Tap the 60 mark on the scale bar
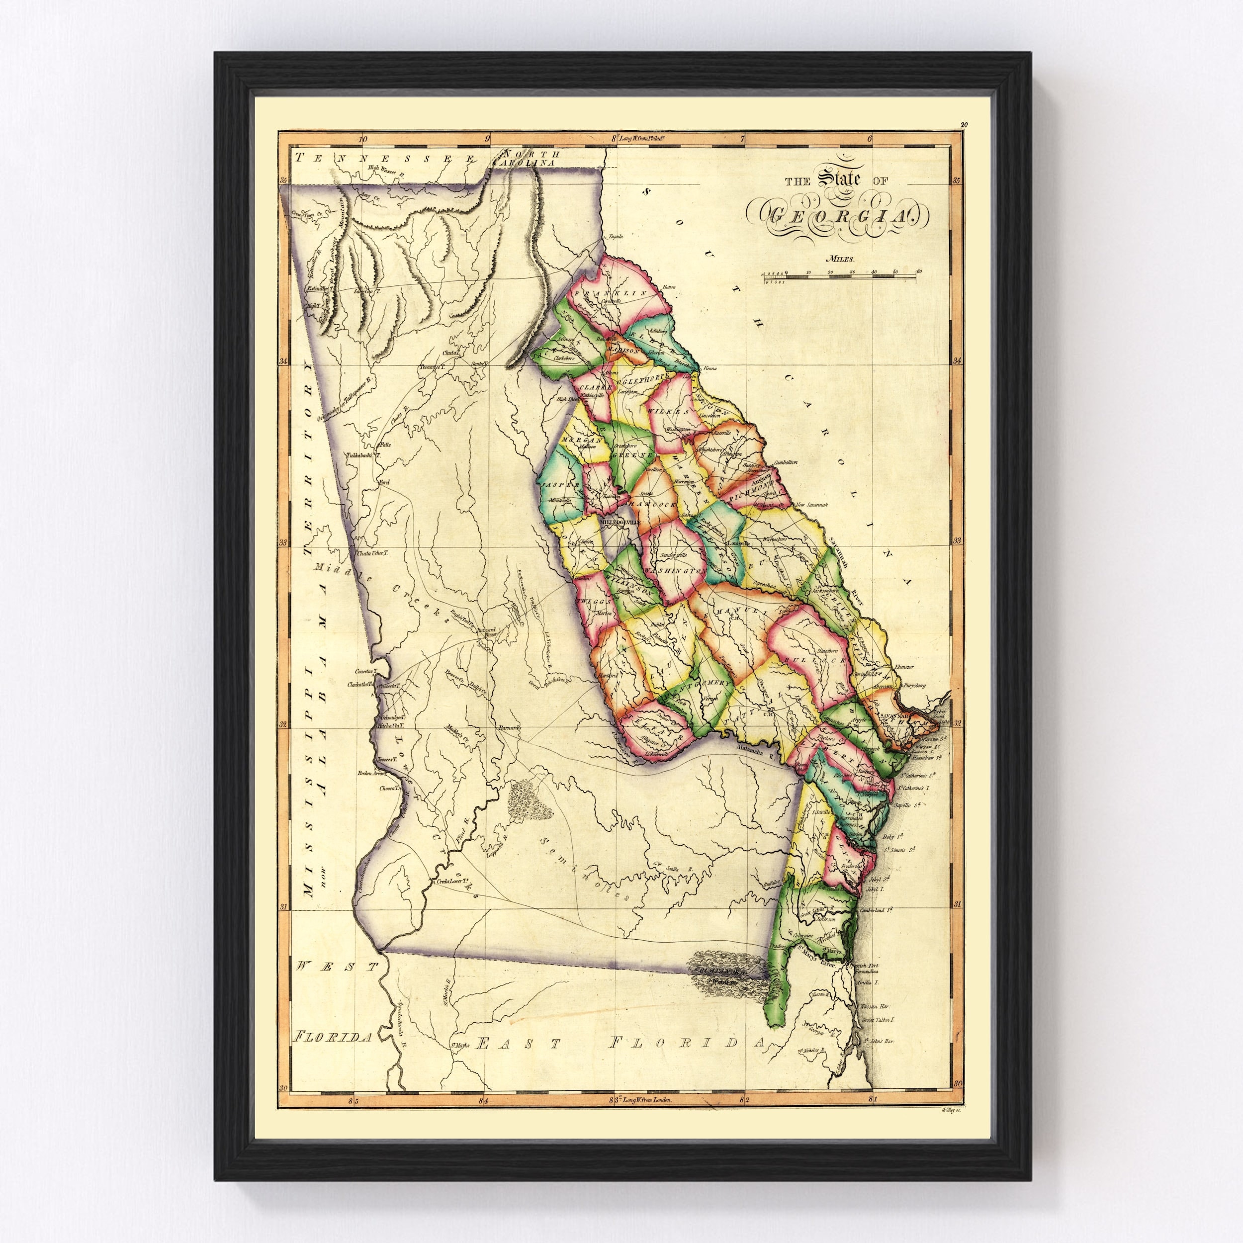tap(919, 271)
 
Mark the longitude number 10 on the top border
tap(362, 138)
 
